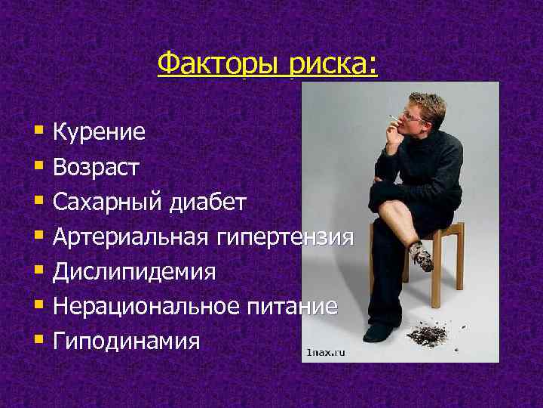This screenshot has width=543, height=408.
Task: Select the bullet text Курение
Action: [x=100, y=134]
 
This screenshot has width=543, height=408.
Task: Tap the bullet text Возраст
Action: [x=96, y=168]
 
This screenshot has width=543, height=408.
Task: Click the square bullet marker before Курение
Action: [x=38, y=134]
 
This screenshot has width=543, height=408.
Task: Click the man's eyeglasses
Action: [x=415, y=116]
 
